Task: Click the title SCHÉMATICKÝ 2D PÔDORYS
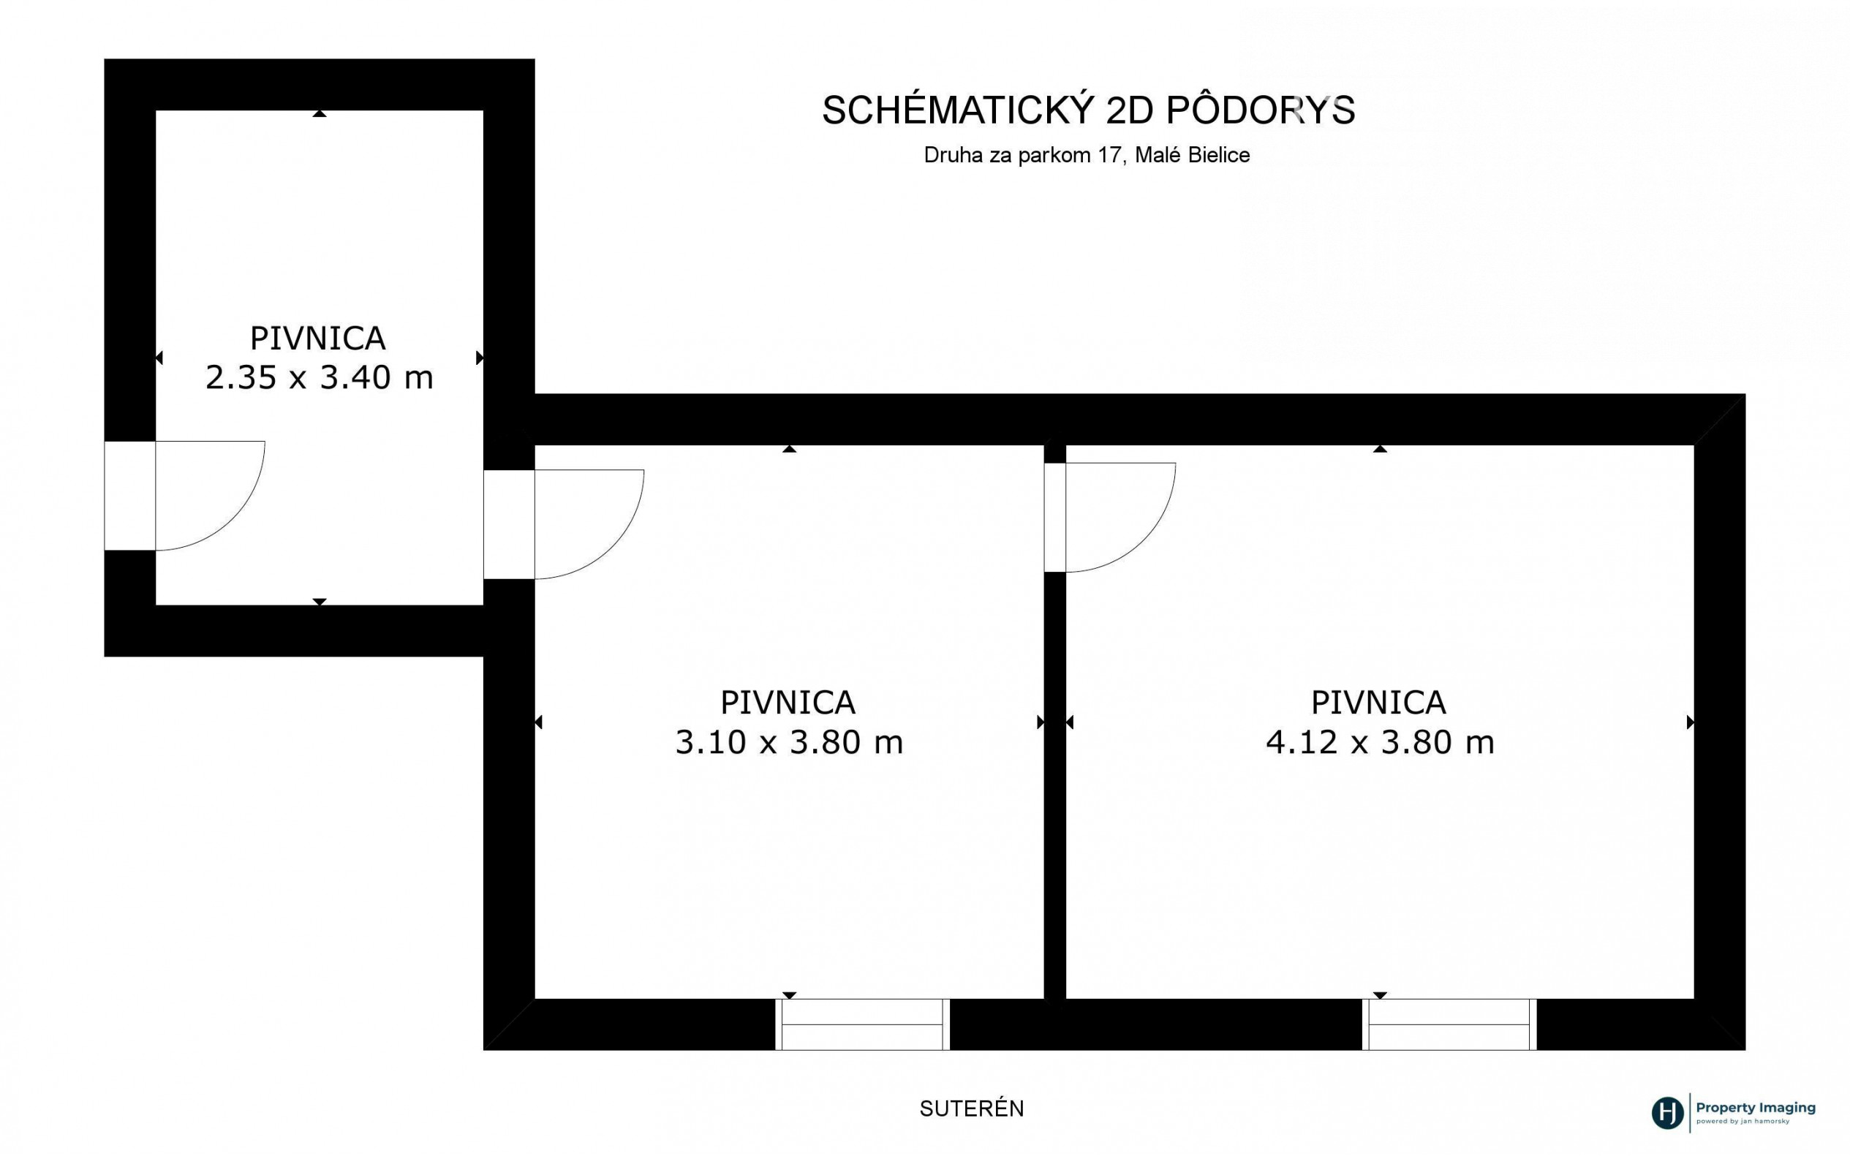click(1088, 110)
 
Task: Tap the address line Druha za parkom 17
click(1023, 155)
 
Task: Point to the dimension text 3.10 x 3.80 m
click(789, 742)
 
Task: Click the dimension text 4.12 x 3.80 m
click(1380, 742)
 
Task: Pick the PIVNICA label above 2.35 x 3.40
click(318, 338)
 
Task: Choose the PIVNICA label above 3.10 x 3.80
click(788, 702)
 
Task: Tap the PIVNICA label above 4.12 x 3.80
click(1379, 702)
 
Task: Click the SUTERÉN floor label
click(972, 1108)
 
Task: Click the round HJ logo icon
click(1667, 1112)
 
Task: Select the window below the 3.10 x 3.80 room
click(862, 1024)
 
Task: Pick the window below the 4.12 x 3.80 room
click(1449, 1024)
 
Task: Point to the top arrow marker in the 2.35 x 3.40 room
click(320, 114)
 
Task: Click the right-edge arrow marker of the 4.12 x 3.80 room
click(1691, 722)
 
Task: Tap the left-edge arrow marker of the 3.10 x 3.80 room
click(539, 722)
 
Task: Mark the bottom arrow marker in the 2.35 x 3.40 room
click(320, 602)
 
